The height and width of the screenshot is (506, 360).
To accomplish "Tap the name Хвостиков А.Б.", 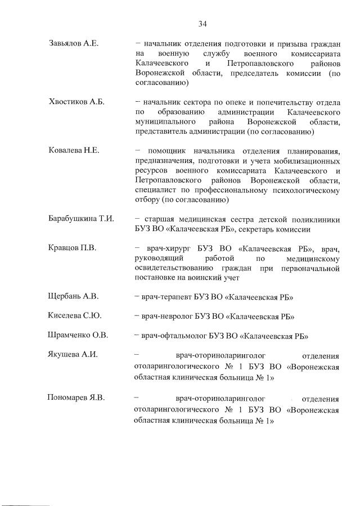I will [x=75, y=102].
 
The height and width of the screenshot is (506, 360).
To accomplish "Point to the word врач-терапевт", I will [x=171, y=297].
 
